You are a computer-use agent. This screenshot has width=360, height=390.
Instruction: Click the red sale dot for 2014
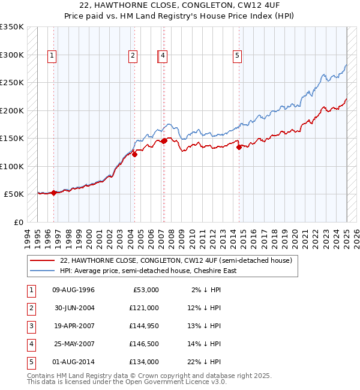pos(239,147)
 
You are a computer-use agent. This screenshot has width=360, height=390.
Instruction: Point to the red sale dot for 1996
pos(54,193)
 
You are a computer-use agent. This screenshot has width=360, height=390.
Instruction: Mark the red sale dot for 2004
pos(134,154)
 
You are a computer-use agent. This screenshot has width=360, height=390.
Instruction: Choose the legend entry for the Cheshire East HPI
pos(148,271)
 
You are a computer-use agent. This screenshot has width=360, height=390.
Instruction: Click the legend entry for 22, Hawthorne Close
pos(175,260)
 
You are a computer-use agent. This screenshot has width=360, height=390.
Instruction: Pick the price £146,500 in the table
pos(143,344)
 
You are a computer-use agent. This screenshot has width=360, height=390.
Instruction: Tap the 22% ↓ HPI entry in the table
pos(206,362)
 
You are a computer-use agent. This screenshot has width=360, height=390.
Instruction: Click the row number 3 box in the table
pos(31,326)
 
